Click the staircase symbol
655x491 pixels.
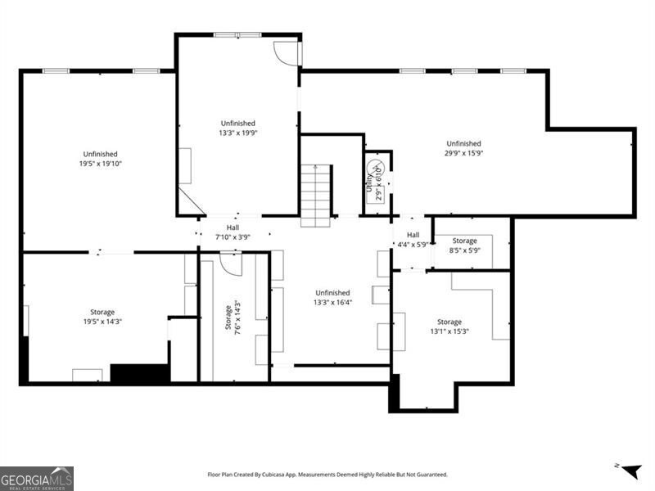(x=315, y=195)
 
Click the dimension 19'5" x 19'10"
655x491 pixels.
(x=101, y=164)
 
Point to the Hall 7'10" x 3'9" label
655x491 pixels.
(x=233, y=232)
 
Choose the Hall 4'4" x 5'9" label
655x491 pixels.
(x=413, y=240)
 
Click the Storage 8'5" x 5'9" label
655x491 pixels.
(x=464, y=245)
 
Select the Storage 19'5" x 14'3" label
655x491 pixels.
(x=102, y=317)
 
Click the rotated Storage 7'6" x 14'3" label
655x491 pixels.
(x=233, y=318)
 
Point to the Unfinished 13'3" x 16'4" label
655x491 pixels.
(x=332, y=297)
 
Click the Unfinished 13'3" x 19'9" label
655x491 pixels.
(x=237, y=128)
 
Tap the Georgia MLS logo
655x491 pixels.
(x=37, y=478)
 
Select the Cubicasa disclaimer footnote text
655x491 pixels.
(x=327, y=475)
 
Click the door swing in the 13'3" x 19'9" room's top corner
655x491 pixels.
(x=286, y=52)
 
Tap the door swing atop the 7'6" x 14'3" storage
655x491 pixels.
(x=230, y=264)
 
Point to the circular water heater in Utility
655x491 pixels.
(x=377, y=172)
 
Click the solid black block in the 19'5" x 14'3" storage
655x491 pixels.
(x=139, y=373)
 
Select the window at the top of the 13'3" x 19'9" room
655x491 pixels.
(x=237, y=34)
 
